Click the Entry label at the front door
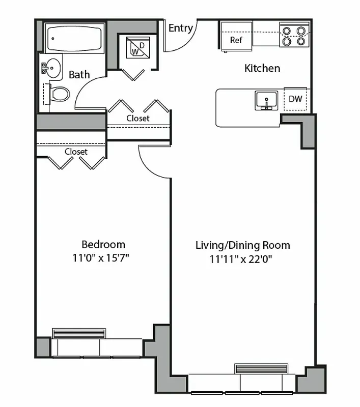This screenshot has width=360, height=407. pyautogui.click(x=180, y=28)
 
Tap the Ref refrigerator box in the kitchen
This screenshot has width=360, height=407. pyautogui.click(x=236, y=40)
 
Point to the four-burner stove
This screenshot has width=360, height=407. pyautogui.click(x=294, y=36)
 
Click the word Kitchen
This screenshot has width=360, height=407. pyautogui.click(x=262, y=68)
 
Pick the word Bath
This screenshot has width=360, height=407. pyautogui.click(x=79, y=75)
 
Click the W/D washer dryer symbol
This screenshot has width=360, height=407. pyautogui.click(x=136, y=49)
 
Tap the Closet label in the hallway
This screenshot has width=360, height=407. pyautogui.click(x=138, y=118)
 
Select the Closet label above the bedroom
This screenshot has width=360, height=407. pyautogui.click(x=76, y=152)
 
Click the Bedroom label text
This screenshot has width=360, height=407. pyautogui.click(x=103, y=244)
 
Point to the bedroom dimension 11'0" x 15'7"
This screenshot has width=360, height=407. pyautogui.click(x=101, y=258)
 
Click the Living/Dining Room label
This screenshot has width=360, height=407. pyautogui.click(x=242, y=245)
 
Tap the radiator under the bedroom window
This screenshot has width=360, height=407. pyautogui.click(x=78, y=333)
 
